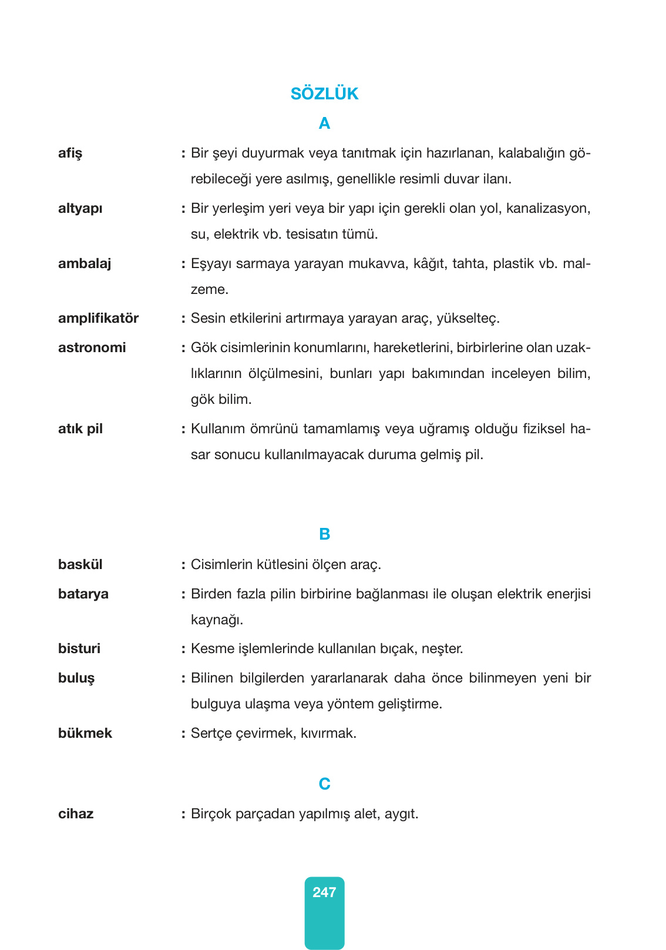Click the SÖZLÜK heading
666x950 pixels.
324,94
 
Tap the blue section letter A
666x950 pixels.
324,123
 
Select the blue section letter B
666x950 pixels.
324,534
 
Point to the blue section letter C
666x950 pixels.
324,784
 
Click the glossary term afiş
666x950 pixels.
70,153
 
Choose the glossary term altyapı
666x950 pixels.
80,209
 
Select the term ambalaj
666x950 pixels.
85,263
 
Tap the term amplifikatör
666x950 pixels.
98,318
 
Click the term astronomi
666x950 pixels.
92,347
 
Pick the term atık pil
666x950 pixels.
80,429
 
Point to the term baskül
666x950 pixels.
80,564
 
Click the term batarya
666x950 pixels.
83,594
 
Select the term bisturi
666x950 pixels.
79,648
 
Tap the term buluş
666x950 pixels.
76,678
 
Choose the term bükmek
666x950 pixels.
85,733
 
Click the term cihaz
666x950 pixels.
76,814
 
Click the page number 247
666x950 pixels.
324,892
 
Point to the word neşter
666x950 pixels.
442,649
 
